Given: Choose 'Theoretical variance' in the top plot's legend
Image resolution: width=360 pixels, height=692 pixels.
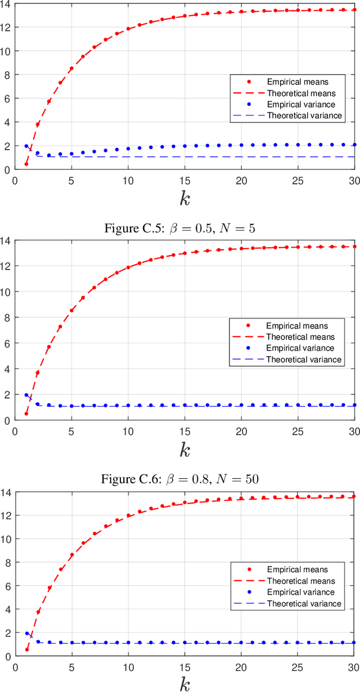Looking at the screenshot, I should [x=304, y=115].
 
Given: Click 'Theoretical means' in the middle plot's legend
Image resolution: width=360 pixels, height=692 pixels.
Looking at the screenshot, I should [x=300, y=337].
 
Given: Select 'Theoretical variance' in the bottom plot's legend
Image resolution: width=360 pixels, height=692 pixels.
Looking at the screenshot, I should [x=304, y=603].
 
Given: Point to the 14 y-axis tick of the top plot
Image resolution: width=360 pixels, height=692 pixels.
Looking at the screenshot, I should [x=7, y=3].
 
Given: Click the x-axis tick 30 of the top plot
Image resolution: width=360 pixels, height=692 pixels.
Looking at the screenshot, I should [x=354, y=181].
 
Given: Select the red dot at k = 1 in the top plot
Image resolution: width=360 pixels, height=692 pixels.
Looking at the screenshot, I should [x=26, y=164].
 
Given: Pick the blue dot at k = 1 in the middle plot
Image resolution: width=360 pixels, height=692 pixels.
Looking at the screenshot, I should [x=26, y=395].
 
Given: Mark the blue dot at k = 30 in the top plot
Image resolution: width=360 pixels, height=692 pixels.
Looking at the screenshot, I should [x=354, y=145].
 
